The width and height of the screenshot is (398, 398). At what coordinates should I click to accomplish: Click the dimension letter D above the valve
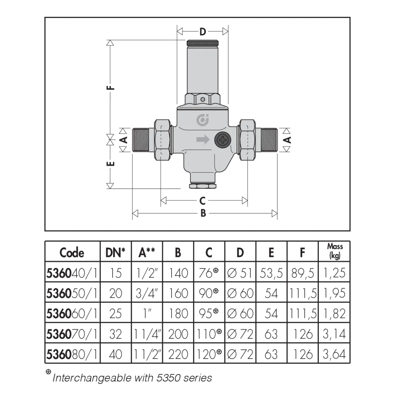202,32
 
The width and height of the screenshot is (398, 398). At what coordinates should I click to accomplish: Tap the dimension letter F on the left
110,88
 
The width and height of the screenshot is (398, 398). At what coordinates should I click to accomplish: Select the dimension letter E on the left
110,163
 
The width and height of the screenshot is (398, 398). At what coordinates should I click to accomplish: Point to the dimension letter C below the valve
202,201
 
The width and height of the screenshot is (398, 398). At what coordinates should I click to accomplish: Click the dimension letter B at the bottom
203,213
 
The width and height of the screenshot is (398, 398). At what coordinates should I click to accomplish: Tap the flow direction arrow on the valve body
203,140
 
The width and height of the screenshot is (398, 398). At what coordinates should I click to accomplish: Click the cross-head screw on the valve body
223,140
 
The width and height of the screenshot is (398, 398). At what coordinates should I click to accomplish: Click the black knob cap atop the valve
202,43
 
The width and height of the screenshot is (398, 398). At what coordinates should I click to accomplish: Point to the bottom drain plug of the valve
202,186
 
